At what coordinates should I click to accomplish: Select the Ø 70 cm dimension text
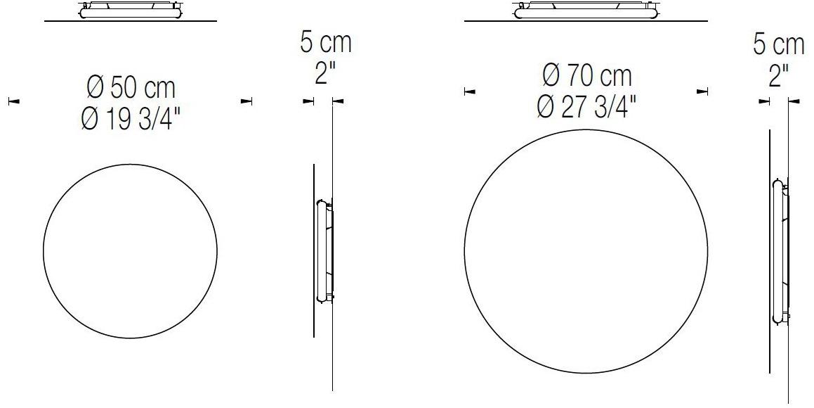(586, 75)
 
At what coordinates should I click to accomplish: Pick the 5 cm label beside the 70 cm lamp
(778, 45)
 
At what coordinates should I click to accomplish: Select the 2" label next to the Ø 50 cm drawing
(322, 72)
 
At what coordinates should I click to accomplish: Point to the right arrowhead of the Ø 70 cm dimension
(702, 91)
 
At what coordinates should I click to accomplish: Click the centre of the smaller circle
(130, 251)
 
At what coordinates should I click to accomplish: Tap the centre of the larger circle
(586, 253)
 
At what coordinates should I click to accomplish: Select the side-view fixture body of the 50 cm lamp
(324, 251)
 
